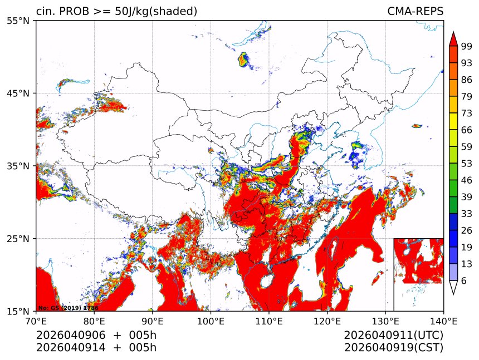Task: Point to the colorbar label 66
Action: point(467,130)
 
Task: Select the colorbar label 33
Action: point(467,214)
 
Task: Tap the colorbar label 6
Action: point(464,281)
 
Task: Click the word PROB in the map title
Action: point(72,11)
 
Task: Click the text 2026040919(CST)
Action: point(393,348)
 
